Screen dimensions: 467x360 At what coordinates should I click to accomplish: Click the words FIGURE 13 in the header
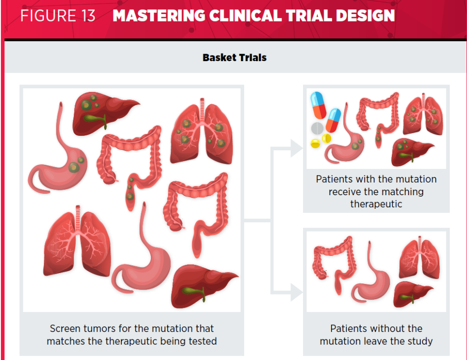click(x=58, y=16)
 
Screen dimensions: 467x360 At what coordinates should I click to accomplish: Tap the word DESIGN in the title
click(x=366, y=16)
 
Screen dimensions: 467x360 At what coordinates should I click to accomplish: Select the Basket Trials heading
click(x=234, y=57)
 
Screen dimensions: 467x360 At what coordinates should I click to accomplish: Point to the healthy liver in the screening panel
click(x=205, y=286)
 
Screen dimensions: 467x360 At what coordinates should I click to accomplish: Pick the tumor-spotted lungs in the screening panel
click(x=202, y=131)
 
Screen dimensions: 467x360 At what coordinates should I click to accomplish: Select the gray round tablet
click(x=317, y=128)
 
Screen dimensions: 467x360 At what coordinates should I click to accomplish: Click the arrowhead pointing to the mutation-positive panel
click(x=297, y=148)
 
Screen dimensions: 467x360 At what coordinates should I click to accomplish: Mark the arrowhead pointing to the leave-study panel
click(x=297, y=292)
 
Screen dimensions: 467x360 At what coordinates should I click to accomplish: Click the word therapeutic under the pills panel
click(x=376, y=204)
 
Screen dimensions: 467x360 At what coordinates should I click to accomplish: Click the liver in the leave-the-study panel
click(x=413, y=294)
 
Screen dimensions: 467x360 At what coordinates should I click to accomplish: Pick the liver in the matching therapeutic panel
click(x=412, y=152)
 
